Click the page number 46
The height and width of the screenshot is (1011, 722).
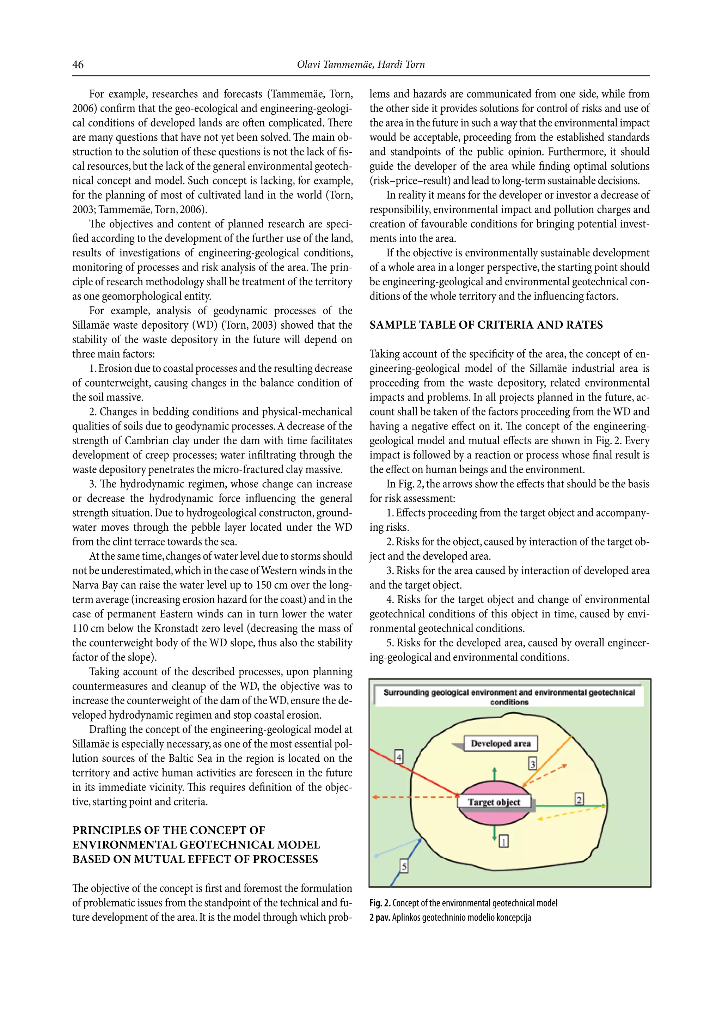[78, 65]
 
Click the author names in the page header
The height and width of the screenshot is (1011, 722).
[361, 65]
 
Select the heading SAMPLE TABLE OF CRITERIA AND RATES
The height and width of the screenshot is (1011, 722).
[486, 325]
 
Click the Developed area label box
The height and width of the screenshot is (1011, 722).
[501, 743]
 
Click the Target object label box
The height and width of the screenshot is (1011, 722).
[494, 802]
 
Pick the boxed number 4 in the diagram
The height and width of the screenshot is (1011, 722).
[399, 757]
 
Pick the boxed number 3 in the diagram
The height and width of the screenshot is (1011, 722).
[532, 764]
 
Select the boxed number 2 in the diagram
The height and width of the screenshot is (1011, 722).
[579, 799]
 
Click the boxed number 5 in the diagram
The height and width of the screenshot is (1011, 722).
[404, 866]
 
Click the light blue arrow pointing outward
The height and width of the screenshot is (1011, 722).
[396, 847]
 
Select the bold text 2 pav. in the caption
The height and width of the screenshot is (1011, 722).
[380, 918]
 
